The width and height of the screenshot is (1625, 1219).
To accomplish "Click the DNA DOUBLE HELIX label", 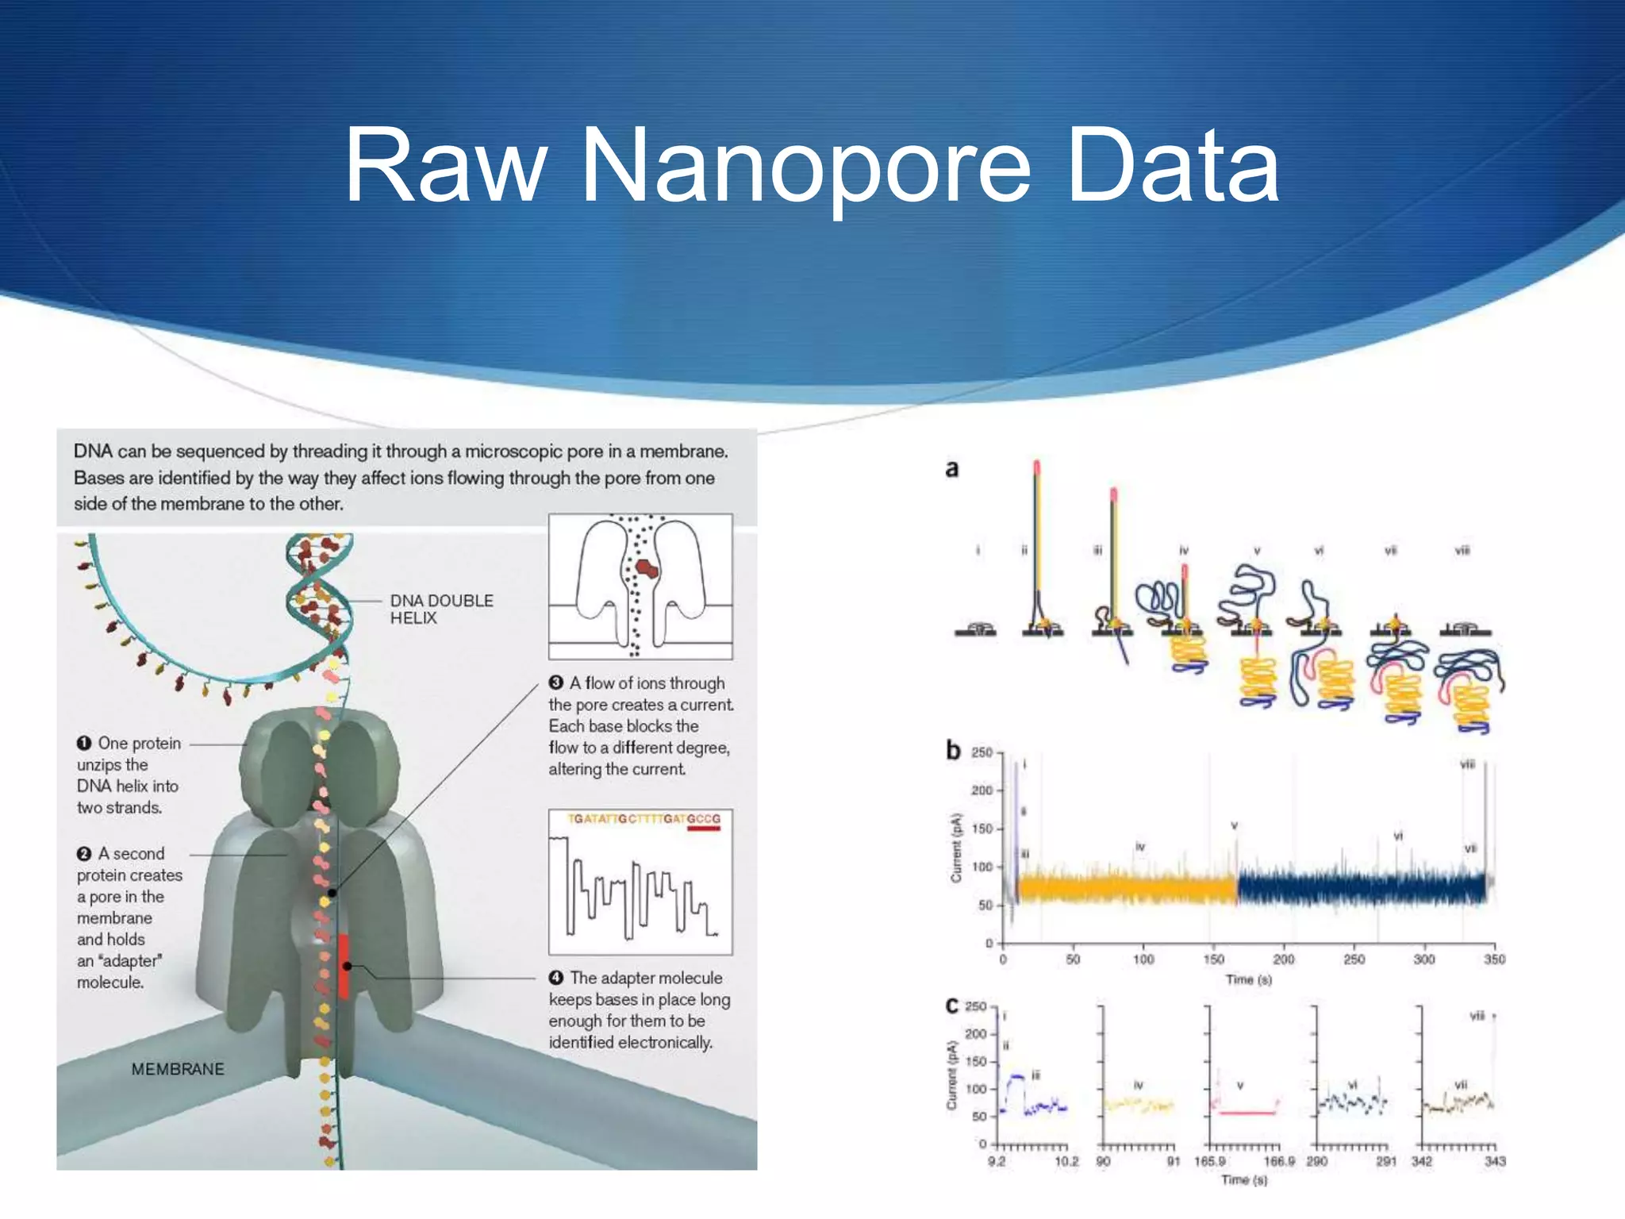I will (x=441, y=609).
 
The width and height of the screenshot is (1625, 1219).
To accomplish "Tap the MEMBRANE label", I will (x=178, y=1069).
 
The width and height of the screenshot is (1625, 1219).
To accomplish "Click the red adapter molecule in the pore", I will (x=344, y=966).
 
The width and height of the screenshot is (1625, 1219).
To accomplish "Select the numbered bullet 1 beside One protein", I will (x=84, y=744).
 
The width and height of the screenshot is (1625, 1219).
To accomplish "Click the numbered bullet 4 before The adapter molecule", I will (x=556, y=978).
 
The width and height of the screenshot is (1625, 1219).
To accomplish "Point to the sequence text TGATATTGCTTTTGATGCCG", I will (x=643, y=818).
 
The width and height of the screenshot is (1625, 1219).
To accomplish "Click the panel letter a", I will (x=952, y=469).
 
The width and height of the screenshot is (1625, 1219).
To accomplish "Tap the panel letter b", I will (x=953, y=750).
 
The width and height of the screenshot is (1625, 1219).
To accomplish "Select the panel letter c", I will (x=952, y=1006).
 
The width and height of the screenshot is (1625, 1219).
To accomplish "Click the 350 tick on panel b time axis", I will (x=1494, y=959).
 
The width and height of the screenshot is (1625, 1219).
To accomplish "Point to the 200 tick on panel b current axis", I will (x=982, y=790).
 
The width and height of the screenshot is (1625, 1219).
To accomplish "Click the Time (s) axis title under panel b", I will (x=1248, y=980).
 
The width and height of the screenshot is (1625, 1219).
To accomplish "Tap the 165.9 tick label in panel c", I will (x=1209, y=1161).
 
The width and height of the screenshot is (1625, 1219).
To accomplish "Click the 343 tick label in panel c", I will (x=1495, y=1161).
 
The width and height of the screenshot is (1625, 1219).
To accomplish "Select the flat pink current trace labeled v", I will (x=1247, y=1113).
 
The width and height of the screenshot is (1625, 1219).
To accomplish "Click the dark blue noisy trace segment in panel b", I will (x=1361, y=887).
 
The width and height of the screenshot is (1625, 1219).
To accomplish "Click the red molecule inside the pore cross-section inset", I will (x=647, y=568).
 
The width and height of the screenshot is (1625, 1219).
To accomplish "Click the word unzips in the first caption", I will (x=112, y=765).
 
